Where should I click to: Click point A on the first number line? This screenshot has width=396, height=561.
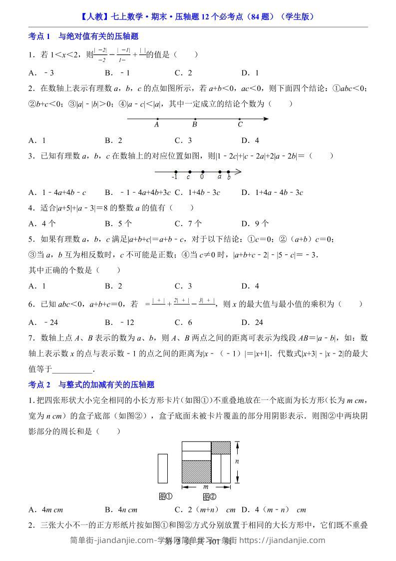click(x=157, y=119)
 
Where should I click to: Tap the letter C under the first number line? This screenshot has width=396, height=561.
click(x=240, y=125)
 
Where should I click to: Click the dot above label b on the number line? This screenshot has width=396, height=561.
click(x=228, y=172)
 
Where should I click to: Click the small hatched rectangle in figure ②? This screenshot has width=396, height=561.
click(x=221, y=447)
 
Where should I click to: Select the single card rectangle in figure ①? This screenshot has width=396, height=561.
click(x=163, y=469)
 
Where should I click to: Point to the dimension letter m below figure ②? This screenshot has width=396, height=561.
click(x=206, y=486)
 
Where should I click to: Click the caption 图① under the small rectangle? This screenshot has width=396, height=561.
click(x=165, y=496)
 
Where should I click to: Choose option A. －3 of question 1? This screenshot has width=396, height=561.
click(x=41, y=72)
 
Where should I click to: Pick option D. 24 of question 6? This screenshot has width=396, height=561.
click(x=252, y=322)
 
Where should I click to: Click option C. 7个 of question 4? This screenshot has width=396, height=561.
click(x=188, y=223)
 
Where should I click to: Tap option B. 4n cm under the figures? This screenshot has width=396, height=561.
click(x=121, y=510)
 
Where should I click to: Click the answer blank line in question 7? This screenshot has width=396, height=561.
click(x=72, y=370)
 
